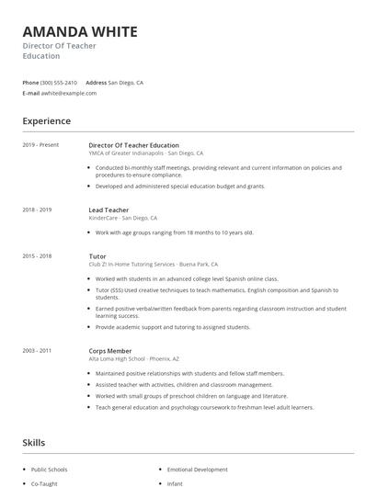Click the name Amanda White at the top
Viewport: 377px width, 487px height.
[80, 32]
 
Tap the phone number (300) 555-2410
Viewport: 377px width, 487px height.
[59, 83]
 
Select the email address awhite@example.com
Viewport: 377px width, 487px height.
[68, 93]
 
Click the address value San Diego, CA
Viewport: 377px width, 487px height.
[126, 83]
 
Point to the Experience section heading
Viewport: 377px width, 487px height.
[46, 120]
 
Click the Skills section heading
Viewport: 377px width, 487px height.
[33, 443]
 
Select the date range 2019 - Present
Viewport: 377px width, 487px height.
[40, 145]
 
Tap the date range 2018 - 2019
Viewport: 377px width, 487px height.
[37, 210]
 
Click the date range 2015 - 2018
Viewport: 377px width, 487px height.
[37, 256]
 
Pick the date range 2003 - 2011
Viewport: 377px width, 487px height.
[37, 350]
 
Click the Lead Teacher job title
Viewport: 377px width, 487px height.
[109, 210]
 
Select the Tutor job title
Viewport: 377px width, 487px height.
[97, 256]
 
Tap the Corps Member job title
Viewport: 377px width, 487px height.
[110, 350]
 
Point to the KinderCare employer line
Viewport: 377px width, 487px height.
[110, 219]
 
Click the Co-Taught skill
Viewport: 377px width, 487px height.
[43, 482]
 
